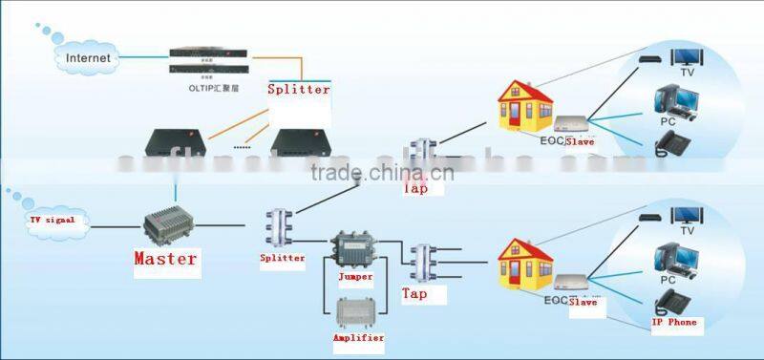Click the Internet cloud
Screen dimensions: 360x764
coord(88,58)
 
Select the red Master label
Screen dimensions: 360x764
coord(165,258)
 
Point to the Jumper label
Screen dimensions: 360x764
coord(355,277)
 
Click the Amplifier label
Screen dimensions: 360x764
coord(358,338)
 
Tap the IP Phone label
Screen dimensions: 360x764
coord(674,323)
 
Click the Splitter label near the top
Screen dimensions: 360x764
coord(298,89)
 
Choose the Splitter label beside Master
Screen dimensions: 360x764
coord(282,258)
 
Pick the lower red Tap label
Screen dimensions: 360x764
coord(414,294)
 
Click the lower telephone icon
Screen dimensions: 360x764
coord(672,304)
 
